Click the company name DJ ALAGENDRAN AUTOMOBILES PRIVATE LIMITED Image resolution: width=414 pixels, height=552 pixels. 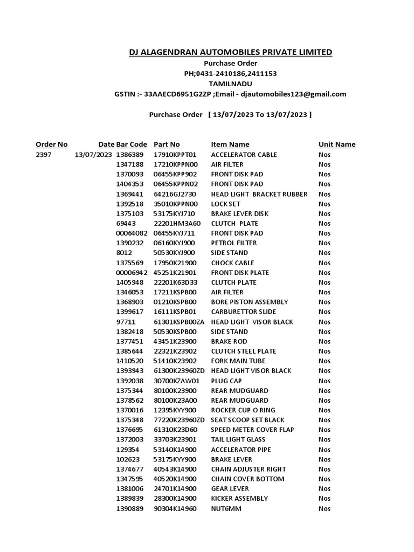tap(230, 52)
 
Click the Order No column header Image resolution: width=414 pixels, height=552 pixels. tap(52, 144)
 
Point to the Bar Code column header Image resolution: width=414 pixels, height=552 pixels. tap(132, 144)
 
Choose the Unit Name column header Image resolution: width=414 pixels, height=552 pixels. tap(337, 144)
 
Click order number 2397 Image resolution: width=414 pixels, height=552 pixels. tap(43, 155)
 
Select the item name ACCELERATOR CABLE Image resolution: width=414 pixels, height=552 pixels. tap(244, 155)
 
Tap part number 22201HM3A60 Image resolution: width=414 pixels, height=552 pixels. tap(177, 223)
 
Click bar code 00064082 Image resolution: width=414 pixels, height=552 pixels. tap(132, 233)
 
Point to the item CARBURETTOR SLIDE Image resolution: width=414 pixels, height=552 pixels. tap(243, 312)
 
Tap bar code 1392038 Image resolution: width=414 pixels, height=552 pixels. tap(130, 381)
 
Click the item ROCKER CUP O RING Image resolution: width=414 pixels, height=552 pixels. tap(243, 410)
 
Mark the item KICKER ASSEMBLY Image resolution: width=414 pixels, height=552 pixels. tap(239, 499)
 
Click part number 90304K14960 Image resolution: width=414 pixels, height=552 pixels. tap(175, 508)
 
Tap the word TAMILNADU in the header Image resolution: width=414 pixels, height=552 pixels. tap(230, 84)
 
